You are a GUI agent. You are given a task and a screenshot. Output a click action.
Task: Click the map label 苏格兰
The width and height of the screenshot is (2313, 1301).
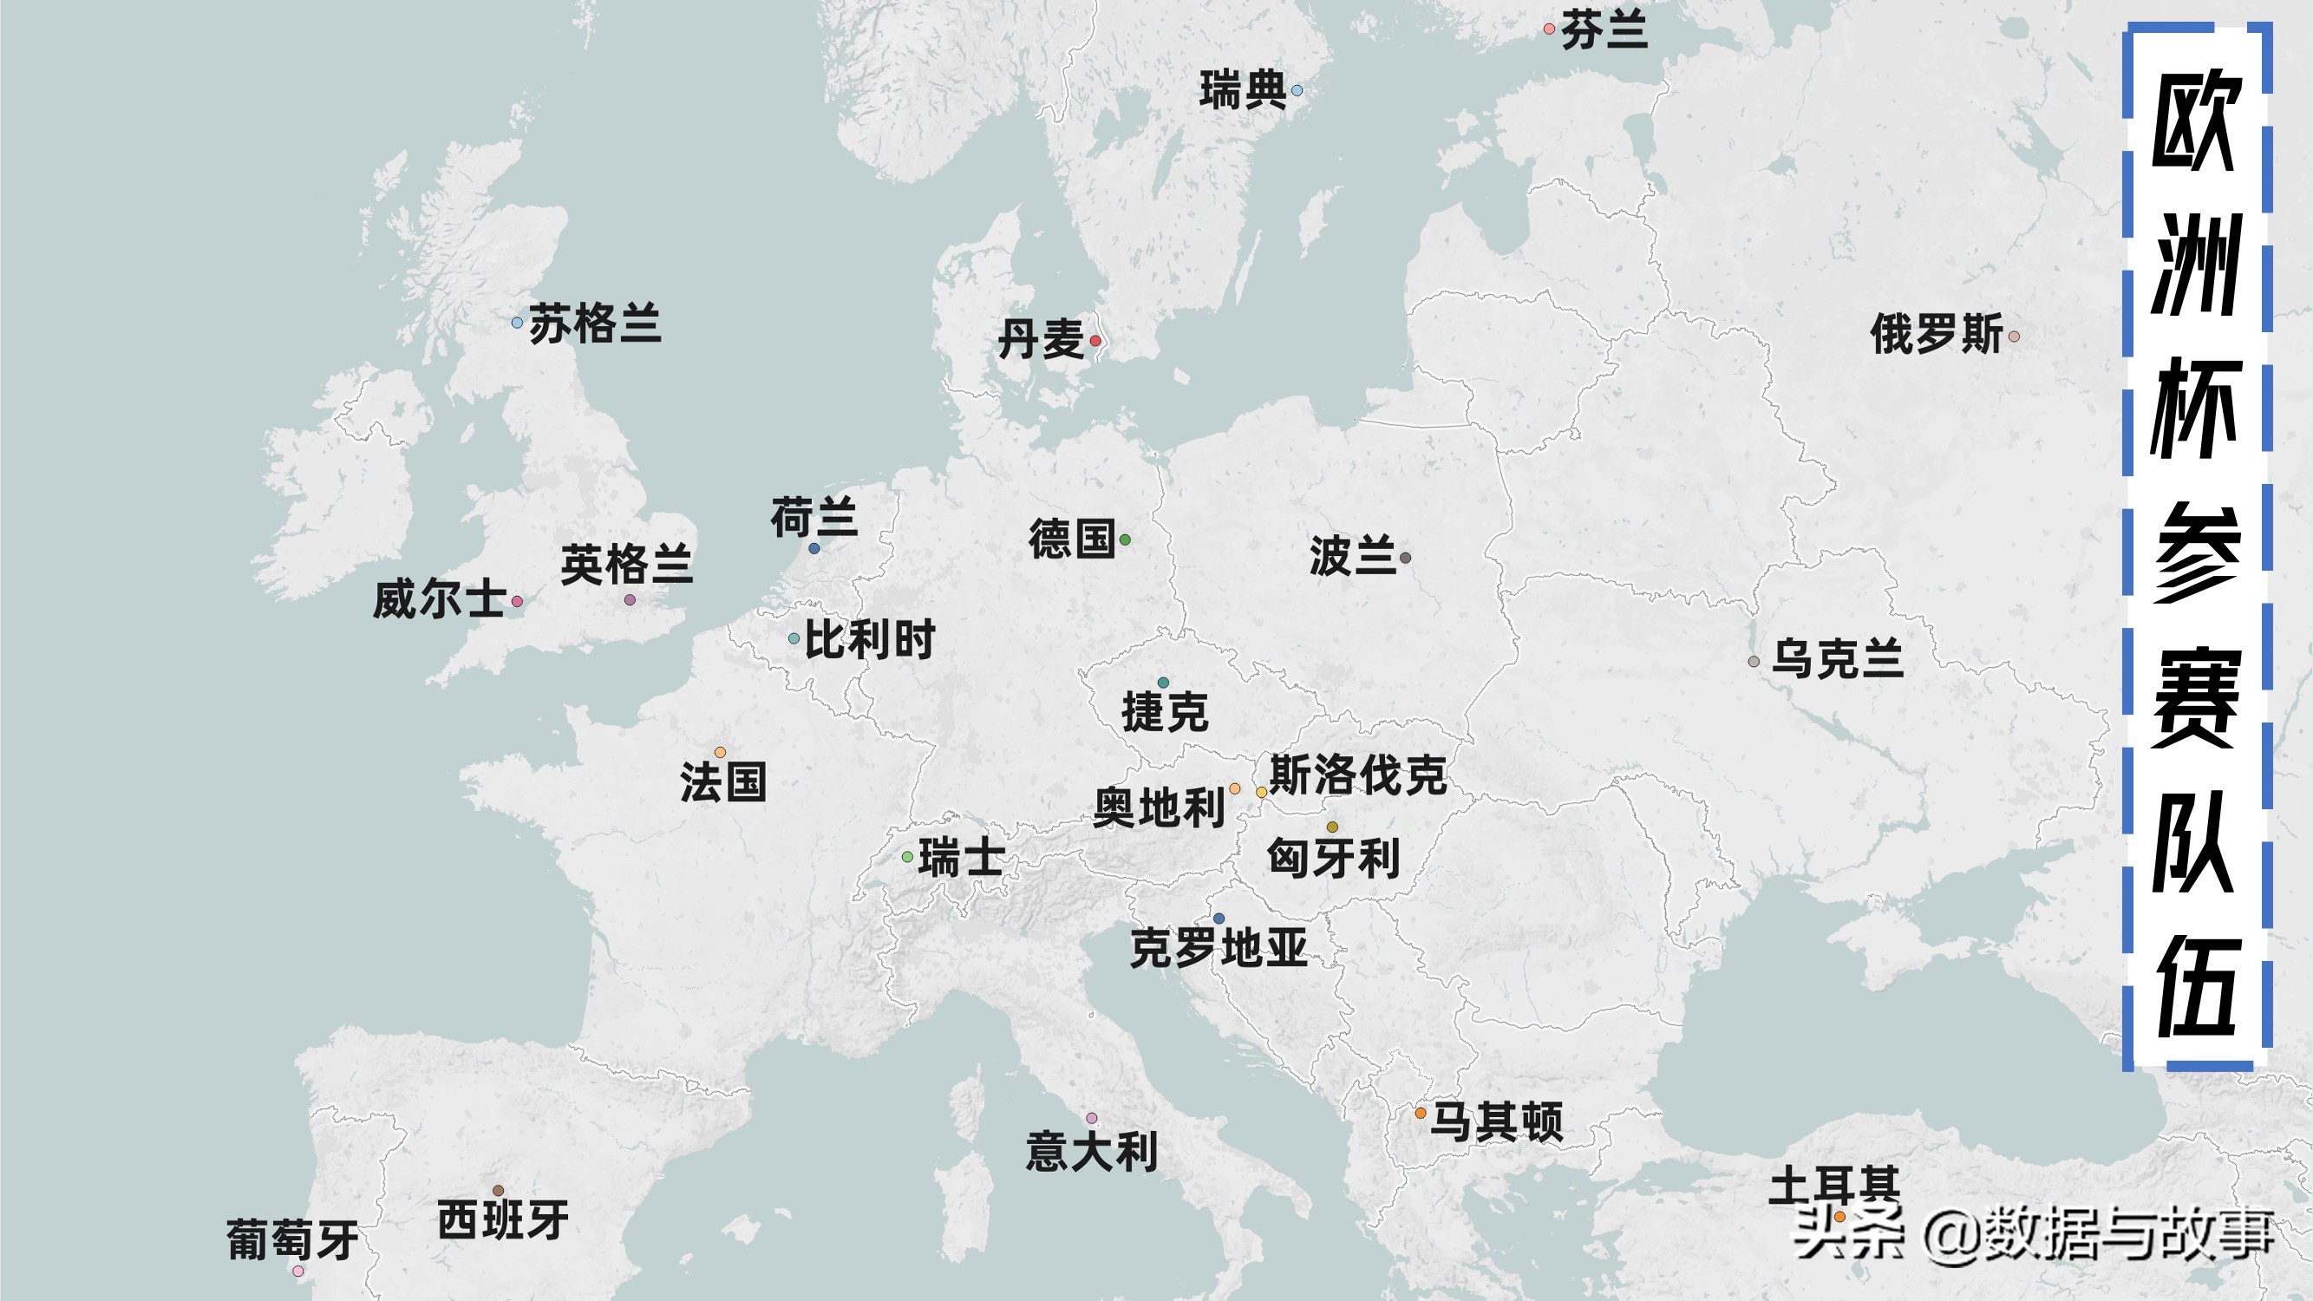594,324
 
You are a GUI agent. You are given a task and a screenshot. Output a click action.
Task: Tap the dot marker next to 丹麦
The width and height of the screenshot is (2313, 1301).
1094,340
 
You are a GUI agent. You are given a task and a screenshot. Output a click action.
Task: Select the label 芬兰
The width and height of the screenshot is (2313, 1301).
1604,30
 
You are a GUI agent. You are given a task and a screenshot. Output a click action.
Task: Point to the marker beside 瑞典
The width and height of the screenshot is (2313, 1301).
1297,91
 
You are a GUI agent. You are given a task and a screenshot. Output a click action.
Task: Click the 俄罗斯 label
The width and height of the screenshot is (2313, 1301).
1936,335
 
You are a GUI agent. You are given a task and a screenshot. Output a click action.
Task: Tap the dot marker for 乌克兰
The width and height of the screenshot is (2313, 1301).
1754,662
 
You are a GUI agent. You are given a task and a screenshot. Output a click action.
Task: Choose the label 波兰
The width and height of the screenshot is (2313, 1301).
1352,556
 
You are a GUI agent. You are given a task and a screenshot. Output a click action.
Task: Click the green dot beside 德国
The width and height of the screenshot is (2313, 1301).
1125,539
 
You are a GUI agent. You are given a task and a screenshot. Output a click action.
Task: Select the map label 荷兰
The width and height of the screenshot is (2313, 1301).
813,518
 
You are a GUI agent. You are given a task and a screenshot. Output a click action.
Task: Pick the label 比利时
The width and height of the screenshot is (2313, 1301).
869,640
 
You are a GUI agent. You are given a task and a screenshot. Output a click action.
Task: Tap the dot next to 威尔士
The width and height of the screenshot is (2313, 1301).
517,602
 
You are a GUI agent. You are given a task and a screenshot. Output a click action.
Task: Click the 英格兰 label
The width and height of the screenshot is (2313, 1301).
627,565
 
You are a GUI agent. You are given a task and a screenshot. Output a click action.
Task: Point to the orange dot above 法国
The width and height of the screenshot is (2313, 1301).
720,752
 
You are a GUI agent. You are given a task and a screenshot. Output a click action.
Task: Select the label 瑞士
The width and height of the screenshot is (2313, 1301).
961,858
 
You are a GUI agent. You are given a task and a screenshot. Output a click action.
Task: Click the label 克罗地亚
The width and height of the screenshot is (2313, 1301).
1219,949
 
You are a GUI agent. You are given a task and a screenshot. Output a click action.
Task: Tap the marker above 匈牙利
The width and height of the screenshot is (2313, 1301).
1332,827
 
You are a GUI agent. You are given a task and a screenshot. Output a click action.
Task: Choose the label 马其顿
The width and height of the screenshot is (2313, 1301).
1496,1122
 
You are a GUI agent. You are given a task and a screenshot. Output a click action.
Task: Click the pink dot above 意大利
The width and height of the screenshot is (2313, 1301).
1092,1118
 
